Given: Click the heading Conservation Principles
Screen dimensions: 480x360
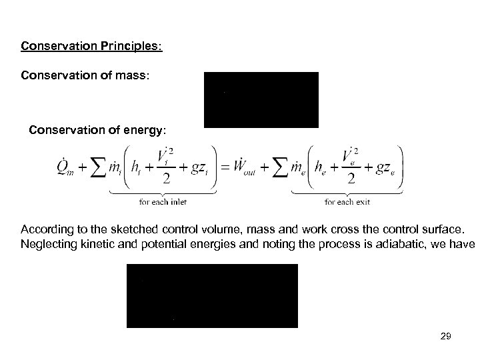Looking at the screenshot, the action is tap(91, 47).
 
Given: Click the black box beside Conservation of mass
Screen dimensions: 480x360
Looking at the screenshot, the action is tap(261, 99).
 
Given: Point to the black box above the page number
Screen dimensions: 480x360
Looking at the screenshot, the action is tap(212, 295).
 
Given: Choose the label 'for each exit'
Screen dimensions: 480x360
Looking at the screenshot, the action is tap(347, 201).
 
